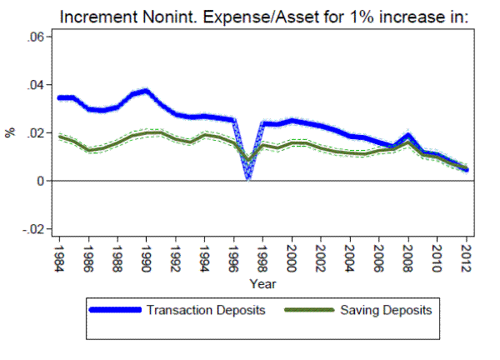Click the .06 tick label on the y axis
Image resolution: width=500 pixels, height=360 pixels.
coord(34,37)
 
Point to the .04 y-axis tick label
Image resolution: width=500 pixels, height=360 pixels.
coord(34,85)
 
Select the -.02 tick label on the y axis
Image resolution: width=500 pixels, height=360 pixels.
coord(32,229)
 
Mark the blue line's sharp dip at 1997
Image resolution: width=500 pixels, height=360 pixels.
coord(248,176)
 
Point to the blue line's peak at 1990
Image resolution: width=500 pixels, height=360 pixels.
coord(147,90)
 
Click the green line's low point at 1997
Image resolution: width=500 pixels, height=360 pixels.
coord(248,160)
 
